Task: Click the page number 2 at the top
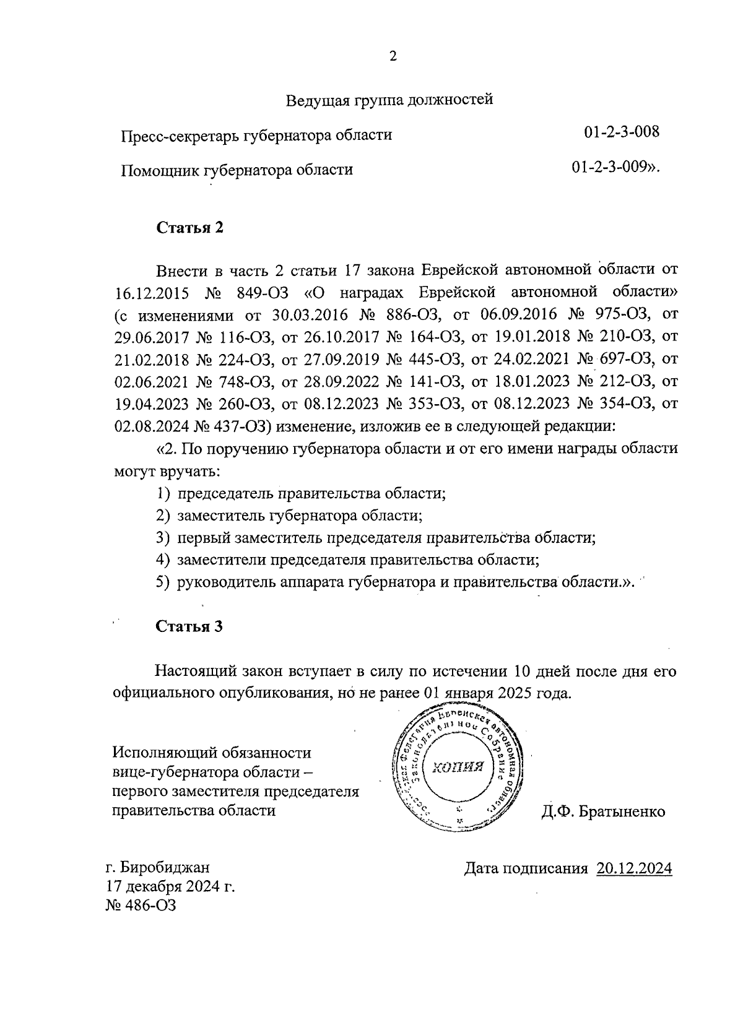[392, 56]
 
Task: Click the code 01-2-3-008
[621, 132]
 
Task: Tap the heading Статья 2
[189, 227]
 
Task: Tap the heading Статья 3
[189, 626]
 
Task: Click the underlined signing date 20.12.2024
[634, 868]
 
